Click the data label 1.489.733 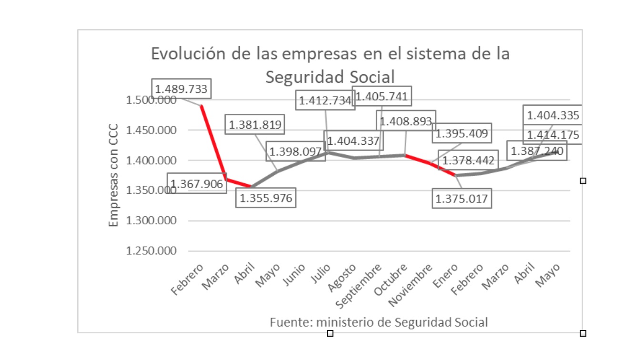coord(182,89)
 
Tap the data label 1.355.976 coord(266,198)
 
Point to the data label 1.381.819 coord(255,125)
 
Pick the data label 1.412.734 coord(325,101)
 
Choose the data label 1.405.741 coord(382,97)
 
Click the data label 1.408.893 coord(406,121)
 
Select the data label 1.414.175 coord(553,135)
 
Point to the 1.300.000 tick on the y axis coord(151,221)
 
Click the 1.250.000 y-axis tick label coord(151,251)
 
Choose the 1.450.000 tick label coord(151,130)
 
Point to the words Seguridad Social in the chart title coord(330,77)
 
